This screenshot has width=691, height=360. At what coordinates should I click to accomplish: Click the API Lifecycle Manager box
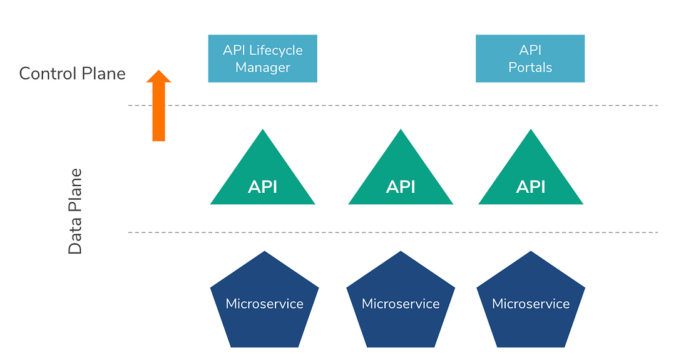tap(262, 58)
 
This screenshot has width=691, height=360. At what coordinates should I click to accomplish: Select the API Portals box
tap(530, 58)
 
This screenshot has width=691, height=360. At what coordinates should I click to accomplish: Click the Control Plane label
tap(72, 74)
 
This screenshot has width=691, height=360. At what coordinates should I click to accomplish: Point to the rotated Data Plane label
tap(75, 211)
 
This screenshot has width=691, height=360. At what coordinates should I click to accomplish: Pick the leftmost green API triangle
tap(262, 178)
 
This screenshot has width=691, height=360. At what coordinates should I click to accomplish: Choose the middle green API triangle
tap(401, 178)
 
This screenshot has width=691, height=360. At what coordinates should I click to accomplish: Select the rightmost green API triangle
tap(530, 178)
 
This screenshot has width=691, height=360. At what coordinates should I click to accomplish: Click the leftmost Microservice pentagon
tap(264, 304)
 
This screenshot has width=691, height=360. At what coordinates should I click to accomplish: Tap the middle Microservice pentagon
tap(401, 304)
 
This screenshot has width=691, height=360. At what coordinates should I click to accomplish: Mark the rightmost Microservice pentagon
tap(531, 304)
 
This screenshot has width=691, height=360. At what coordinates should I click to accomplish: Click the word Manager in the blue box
tap(262, 68)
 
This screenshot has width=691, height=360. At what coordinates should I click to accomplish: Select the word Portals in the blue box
tap(530, 68)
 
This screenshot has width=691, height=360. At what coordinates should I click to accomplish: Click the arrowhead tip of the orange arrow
tap(158, 71)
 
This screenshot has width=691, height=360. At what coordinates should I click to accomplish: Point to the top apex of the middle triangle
tap(401, 131)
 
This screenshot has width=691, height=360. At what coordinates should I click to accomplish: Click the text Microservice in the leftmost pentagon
tap(264, 304)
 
